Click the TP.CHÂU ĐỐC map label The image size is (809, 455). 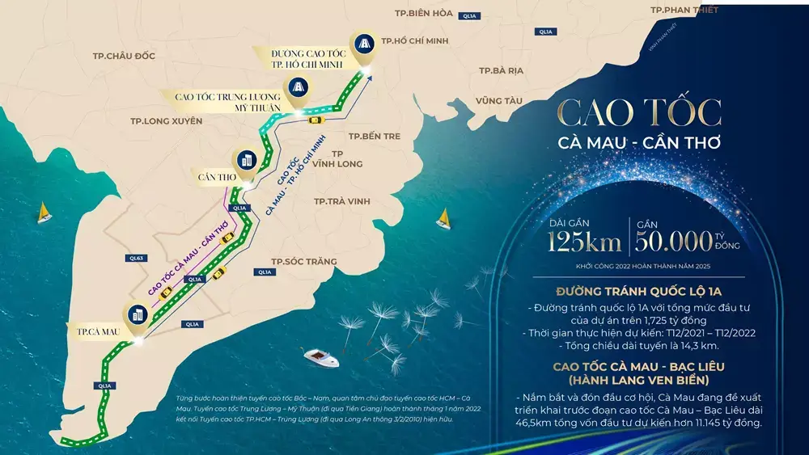pos(124,56)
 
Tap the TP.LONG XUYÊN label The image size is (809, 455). pos(162,121)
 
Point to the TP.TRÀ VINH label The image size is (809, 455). pos(342,201)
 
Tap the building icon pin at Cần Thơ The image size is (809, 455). pos(245,159)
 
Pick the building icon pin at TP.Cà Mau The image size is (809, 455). pos(136,316)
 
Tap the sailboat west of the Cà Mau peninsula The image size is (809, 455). pos(44,213)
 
